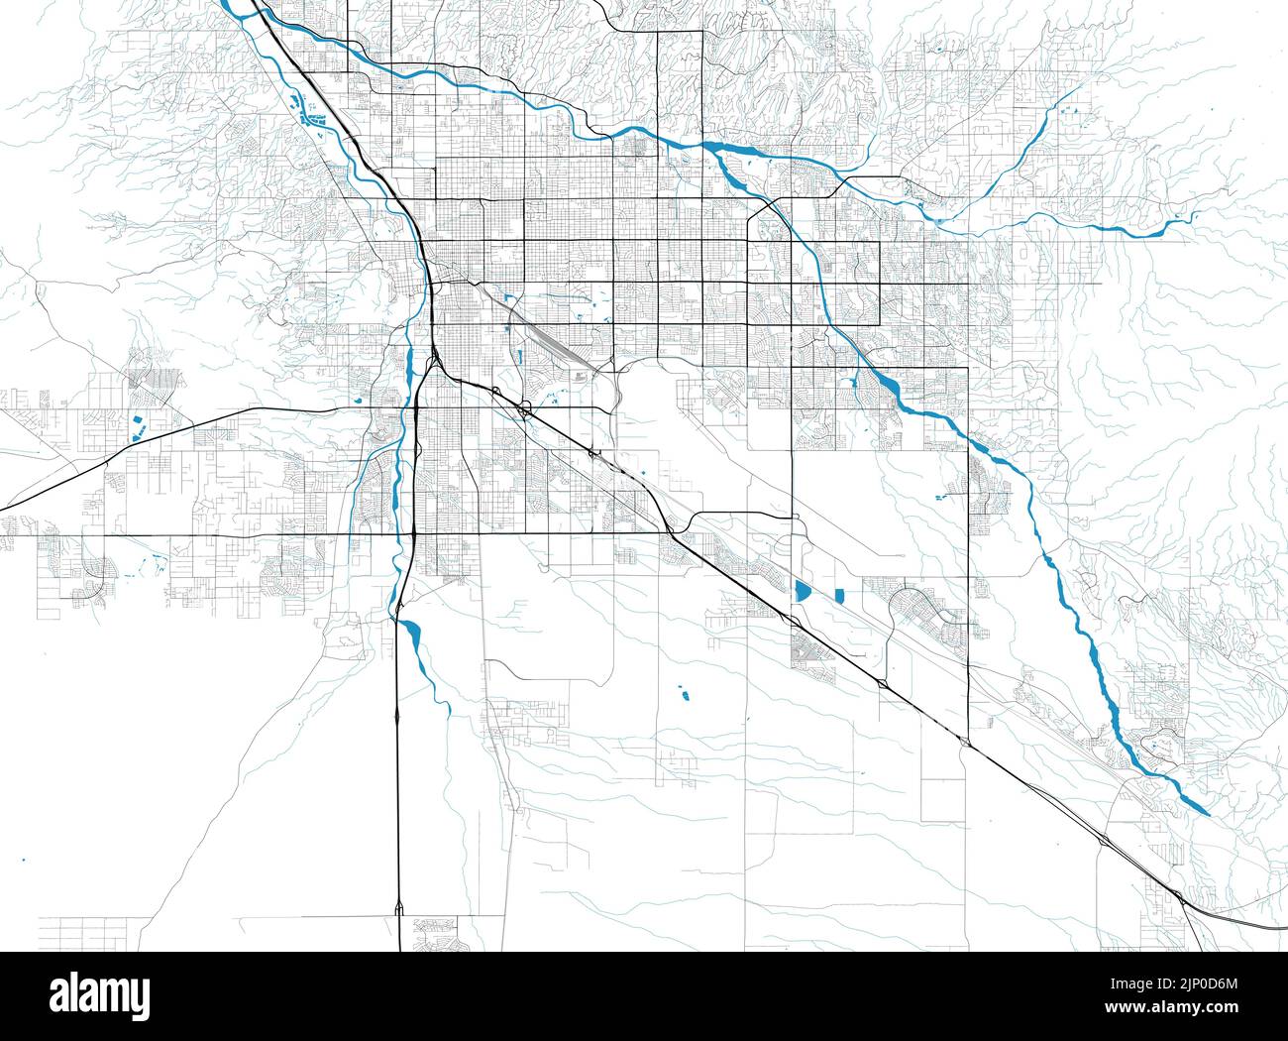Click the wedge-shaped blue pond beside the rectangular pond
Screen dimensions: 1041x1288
point(801,591)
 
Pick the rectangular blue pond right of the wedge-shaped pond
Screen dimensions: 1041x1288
point(838,595)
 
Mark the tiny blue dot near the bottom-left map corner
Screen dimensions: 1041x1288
point(22,859)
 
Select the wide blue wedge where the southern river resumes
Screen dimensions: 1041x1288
point(410,632)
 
